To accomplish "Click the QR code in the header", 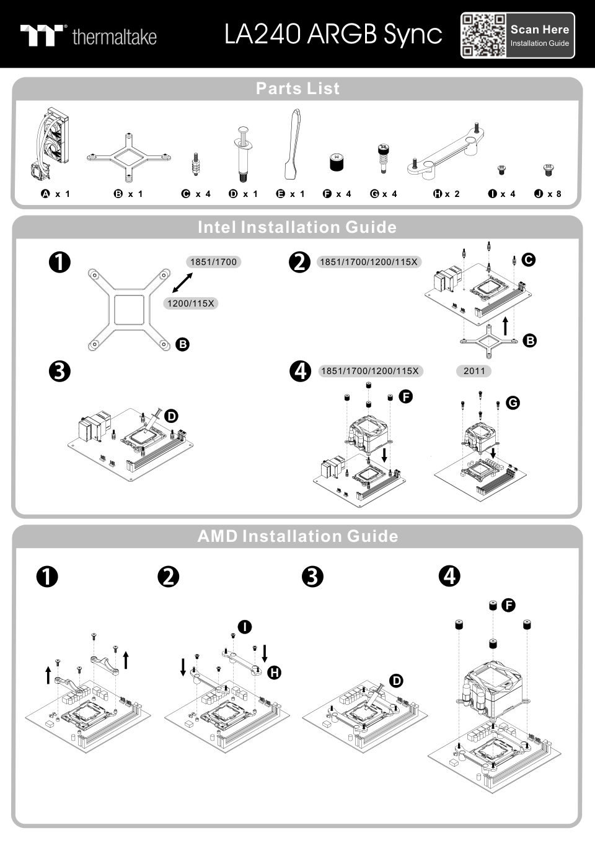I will [x=483, y=35].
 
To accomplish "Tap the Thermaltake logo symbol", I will [x=43, y=35].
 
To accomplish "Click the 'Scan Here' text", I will [x=539, y=29].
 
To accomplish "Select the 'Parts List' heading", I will [x=297, y=89].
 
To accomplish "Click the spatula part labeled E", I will [x=293, y=146].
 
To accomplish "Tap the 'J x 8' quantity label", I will [x=548, y=194].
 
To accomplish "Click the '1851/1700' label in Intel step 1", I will [x=213, y=262].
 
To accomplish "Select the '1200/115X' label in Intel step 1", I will [x=191, y=303].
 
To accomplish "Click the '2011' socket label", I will [x=474, y=371].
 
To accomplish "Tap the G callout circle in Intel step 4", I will [x=513, y=403].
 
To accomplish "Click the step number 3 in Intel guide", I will [x=59, y=372].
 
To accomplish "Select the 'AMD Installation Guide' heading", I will [x=297, y=536].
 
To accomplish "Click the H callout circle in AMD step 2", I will [x=274, y=672].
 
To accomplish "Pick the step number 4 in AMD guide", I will [x=449, y=576].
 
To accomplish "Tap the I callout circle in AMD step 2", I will [x=245, y=627].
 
